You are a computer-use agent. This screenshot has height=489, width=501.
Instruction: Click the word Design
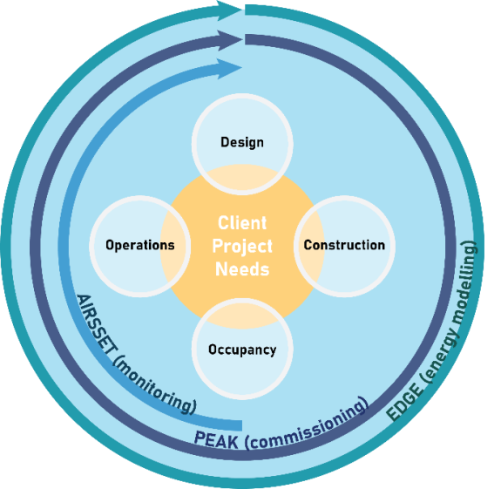click(242, 143)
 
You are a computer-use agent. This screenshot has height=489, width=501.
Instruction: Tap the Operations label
click(140, 245)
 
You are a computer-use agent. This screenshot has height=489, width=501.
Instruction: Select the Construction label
click(344, 245)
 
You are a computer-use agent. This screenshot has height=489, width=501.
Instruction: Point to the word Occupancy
click(242, 350)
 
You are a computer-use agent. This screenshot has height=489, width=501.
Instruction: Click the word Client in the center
click(242, 223)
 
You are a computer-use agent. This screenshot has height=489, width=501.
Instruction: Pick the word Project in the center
click(242, 246)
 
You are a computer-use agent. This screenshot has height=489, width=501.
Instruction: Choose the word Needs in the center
click(242, 269)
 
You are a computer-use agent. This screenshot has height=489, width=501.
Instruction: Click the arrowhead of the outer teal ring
click(229, 10)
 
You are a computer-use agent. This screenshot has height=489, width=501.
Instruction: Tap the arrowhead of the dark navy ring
click(229, 40)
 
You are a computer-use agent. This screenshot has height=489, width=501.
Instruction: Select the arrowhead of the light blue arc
click(229, 68)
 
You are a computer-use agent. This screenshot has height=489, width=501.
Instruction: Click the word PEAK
click(216, 439)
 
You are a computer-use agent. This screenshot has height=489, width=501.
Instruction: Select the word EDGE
click(404, 402)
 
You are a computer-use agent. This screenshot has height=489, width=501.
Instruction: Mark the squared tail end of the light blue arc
click(241, 425)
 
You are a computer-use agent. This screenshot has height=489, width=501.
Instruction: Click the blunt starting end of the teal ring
click(246, 10)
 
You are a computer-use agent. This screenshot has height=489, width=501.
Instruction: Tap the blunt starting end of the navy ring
click(246, 39)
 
